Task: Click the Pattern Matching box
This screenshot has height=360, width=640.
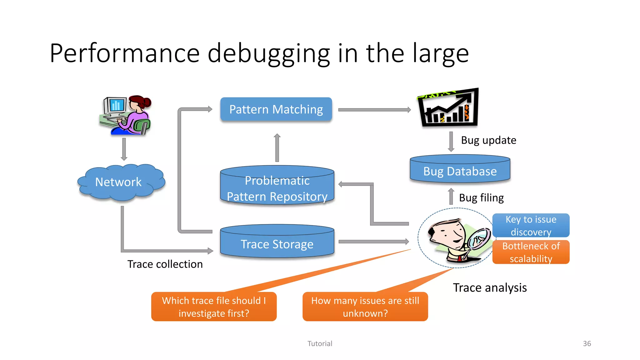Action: click(x=276, y=109)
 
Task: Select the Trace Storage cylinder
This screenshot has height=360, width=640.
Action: click(x=277, y=244)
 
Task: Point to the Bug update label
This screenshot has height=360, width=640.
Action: click(x=488, y=140)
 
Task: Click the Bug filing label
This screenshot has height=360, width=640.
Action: click(x=481, y=198)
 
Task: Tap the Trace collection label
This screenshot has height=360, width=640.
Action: click(x=165, y=264)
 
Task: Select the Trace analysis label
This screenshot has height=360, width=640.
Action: click(x=490, y=287)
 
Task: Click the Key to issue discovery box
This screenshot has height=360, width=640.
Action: click(x=531, y=225)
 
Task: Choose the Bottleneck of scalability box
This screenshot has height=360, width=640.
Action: click(x=531, y=252)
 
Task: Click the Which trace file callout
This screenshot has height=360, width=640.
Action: click(x=214, y=307)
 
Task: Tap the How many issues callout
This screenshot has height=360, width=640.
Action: click(x=365, y=307)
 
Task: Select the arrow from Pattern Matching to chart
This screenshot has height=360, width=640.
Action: click(x=374, y=110)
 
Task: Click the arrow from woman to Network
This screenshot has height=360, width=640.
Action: click(x=124, y=149)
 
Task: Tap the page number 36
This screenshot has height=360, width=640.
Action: click(x=587, y=343)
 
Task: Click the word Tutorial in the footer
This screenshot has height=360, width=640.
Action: click(x=320, y=343)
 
